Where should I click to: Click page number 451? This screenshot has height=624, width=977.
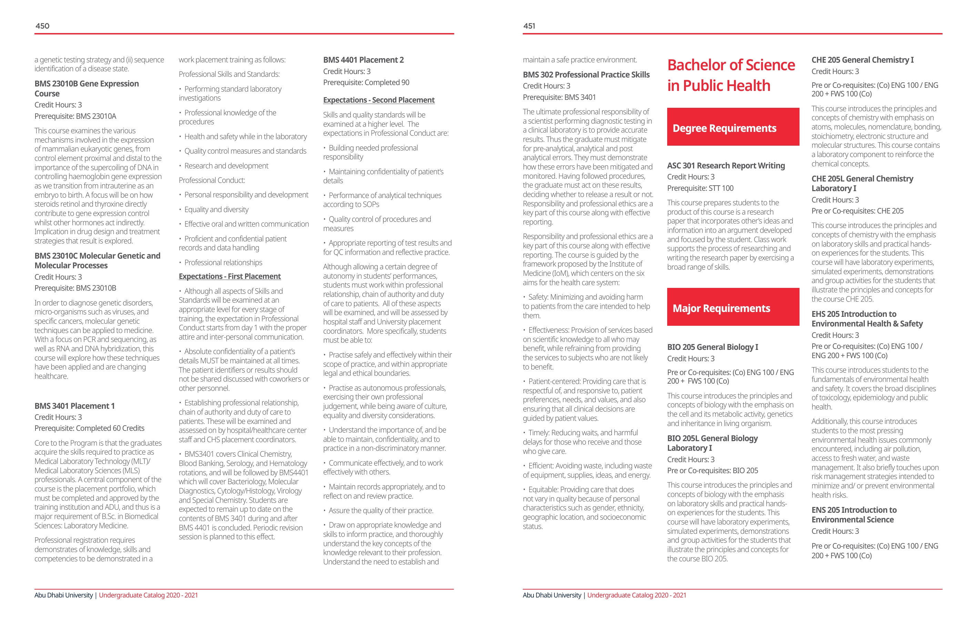529,26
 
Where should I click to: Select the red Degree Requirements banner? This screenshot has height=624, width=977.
733,127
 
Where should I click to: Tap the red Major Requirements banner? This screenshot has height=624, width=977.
733,307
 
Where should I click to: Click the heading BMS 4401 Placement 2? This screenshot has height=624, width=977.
363,60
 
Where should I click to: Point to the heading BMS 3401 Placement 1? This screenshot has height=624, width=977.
75,406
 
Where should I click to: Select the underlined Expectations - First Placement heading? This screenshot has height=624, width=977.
230,276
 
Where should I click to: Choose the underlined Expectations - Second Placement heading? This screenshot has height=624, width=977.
378,100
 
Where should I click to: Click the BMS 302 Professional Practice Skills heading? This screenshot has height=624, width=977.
586,75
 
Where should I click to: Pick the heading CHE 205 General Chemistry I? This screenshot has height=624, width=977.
862,60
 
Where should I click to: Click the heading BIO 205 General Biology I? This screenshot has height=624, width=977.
712,347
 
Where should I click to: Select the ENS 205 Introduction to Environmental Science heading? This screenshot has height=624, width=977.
854,514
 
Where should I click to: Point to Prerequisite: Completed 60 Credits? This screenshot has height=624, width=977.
89,428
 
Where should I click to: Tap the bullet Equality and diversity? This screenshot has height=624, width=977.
216,210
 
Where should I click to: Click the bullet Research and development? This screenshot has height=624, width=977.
226,166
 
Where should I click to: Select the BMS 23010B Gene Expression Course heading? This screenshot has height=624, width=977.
86,89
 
